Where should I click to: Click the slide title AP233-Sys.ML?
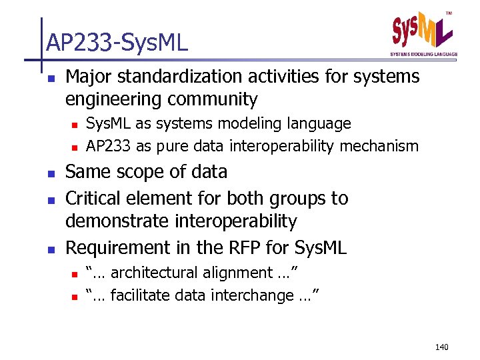pyautogui.click(x=117, y=43)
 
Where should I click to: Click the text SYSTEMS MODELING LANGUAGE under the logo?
pyautogui.click(x=423, y=54)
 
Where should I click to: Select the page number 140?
pyautogui.click(x=442, y=347)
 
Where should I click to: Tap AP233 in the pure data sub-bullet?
pyautogui.click(x=105, y=146)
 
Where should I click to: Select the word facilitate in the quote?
pyautogui.click(x=136, y=295)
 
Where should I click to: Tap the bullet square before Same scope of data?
pyautogui.click(x=51, y=173)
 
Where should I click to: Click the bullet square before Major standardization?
pyautogui.click(x=51, y=78)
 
